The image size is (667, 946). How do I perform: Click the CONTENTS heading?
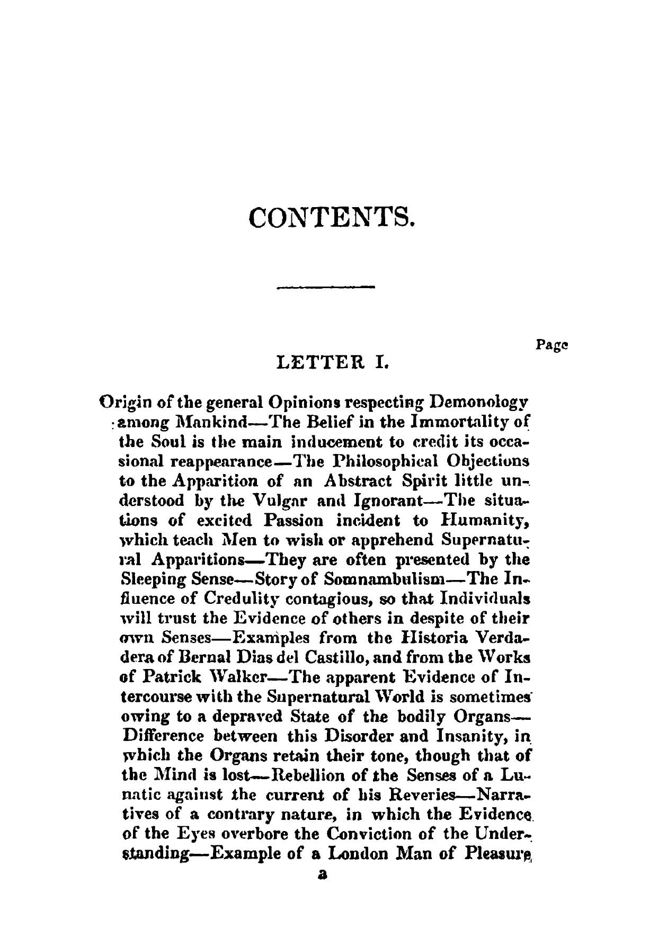pyautogui.click(x=331, y=217)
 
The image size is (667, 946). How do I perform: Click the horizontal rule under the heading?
pyautogui.click(x=326, y=288)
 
